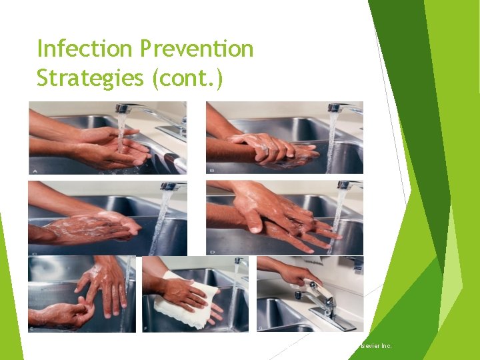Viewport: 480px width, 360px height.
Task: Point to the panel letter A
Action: pos(34,170)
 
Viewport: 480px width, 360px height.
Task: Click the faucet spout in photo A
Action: pos(125,107)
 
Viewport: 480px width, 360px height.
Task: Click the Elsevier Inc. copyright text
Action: pos(375,346)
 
